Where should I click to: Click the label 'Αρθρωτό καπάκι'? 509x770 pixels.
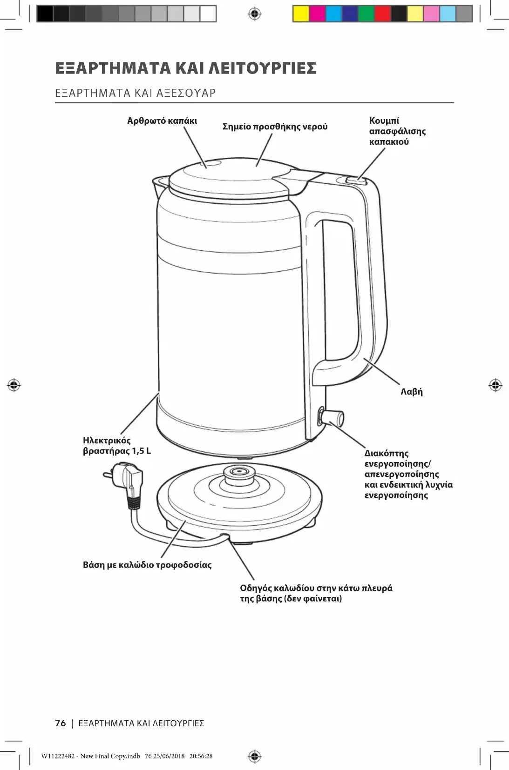[x=162, y=121]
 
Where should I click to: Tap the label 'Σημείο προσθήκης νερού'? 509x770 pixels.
[x=275, y=127]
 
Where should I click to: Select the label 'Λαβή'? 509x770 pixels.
[x=412, y=392]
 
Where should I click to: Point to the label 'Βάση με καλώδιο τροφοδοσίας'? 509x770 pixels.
[x=147, y=565]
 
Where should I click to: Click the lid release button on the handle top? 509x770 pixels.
[x=357, y=180]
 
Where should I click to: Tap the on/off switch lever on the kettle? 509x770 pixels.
[x=334, y=417]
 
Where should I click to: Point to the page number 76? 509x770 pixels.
[x=61, y=723]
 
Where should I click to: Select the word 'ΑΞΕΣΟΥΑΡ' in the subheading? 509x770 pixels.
[x=186, y=93]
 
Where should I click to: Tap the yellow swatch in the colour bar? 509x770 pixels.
[x=301, y=14]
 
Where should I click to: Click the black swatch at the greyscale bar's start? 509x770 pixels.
[x=45, y=14]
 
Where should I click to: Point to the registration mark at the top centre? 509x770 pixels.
[x=254, y=14]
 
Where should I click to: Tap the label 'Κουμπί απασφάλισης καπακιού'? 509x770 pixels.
[x=397, y=132]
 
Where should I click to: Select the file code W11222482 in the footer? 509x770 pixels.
[x=58, y=756]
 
